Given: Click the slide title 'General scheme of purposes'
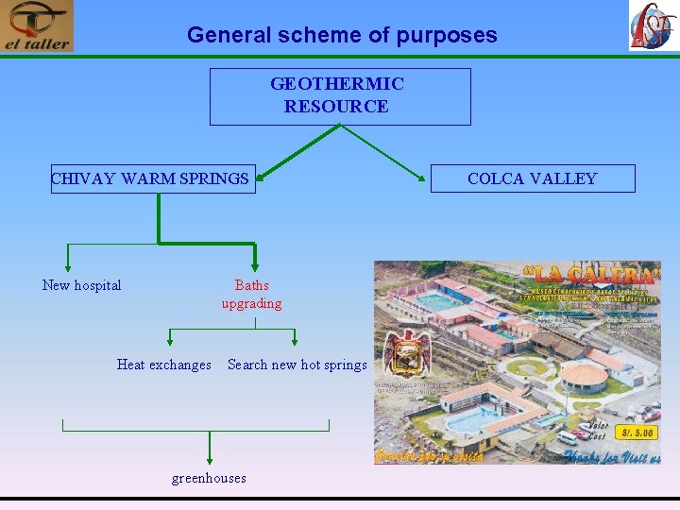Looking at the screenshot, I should pyautogui.click(x=341, y=35).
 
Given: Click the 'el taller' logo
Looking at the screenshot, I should pyautogui.click(x=37, y=26).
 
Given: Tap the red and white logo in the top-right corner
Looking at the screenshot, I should pyautogui.click(x=653, y=25).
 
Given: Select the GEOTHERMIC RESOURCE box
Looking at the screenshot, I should pyautogui.click(x=339, y=95).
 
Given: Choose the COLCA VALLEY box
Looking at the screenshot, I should pyautogui.click(x=533, y=178).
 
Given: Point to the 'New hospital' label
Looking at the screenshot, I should pyautogui.click(x=82, y=285).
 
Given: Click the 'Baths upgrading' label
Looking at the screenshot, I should pyautogui.click(x=252, y=294).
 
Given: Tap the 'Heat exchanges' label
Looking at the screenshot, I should pyautogui.click(x=164, y=365).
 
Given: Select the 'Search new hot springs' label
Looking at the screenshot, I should pyautogui.click(x=297, y=365).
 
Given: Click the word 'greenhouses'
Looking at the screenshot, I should pyautogui.click(x=209, y=478).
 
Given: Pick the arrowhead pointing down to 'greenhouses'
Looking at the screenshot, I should pyautogui.click(x=210, y=458).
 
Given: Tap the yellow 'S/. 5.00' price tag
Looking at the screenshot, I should pyautogui.click(x=636, y=433).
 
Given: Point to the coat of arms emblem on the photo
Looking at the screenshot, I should pyautogui.click(x=406, y=352).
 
